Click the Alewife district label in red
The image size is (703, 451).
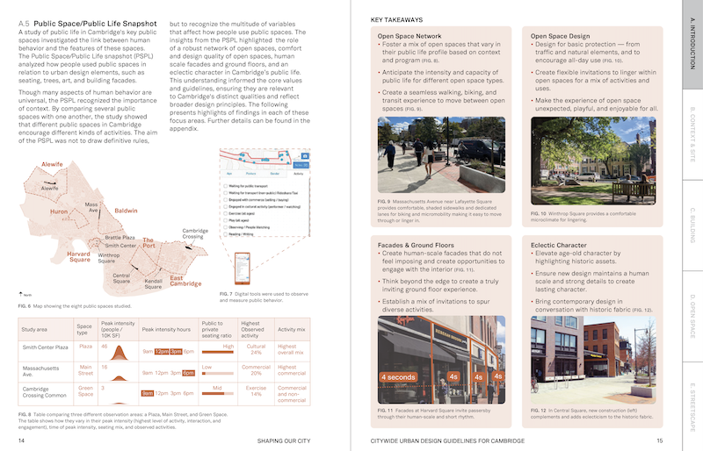pyautogui.click(x=52, y=165)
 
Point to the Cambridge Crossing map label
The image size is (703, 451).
pyautogui.click(x=194, y=233)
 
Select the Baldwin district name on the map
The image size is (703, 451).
pyautogui.click(x=126, y=211)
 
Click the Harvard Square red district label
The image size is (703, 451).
pyautogui.click(x=79, y=255)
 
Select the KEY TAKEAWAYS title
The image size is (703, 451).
pyautogui.click(x=396, y=19)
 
